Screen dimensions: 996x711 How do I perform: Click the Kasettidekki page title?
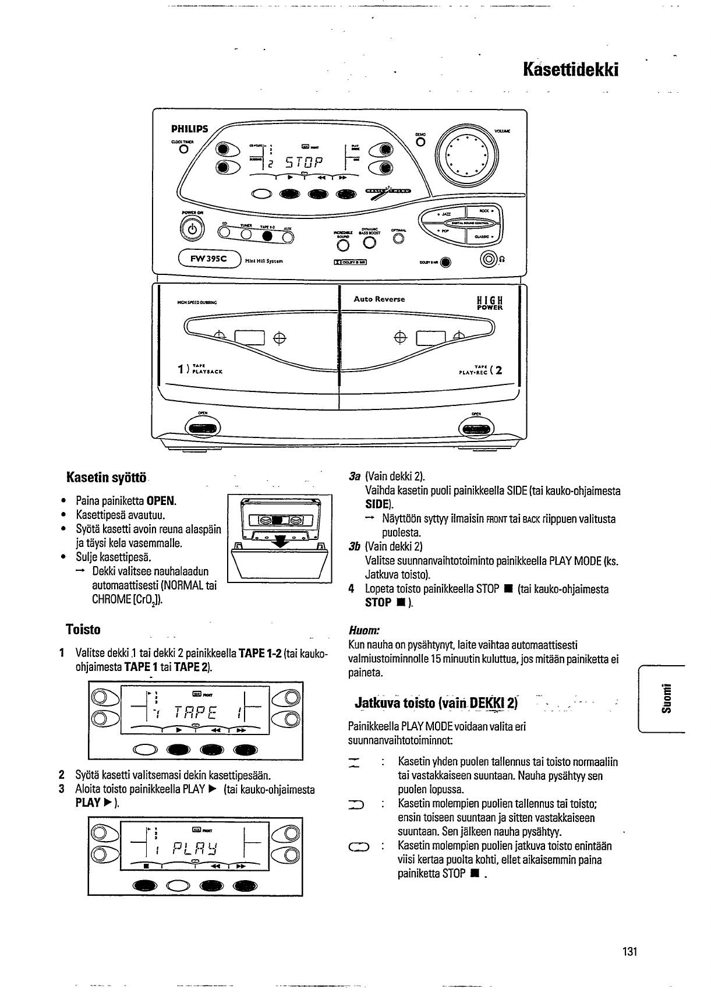[x=570, y=70]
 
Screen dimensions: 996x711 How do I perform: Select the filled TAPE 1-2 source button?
[x=267, y=235]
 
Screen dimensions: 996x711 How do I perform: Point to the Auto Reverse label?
[x=379, y=299]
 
